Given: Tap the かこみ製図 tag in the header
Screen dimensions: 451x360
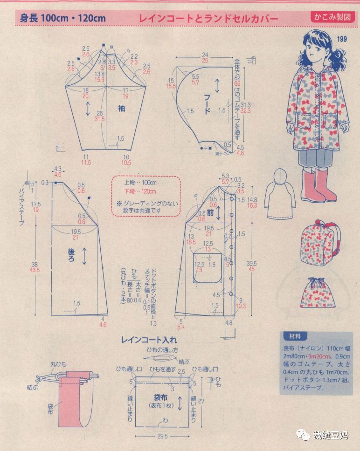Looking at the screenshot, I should click(x=332, y=17).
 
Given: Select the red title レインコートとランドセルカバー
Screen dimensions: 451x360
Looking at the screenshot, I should click(x=208, y=19).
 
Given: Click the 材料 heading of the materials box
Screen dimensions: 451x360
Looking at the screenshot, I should click(x=295, y=335).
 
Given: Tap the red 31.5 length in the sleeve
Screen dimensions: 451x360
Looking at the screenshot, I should click(x=99, y=119).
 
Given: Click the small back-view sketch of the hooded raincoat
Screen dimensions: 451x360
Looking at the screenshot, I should click(x=279, y=191).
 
